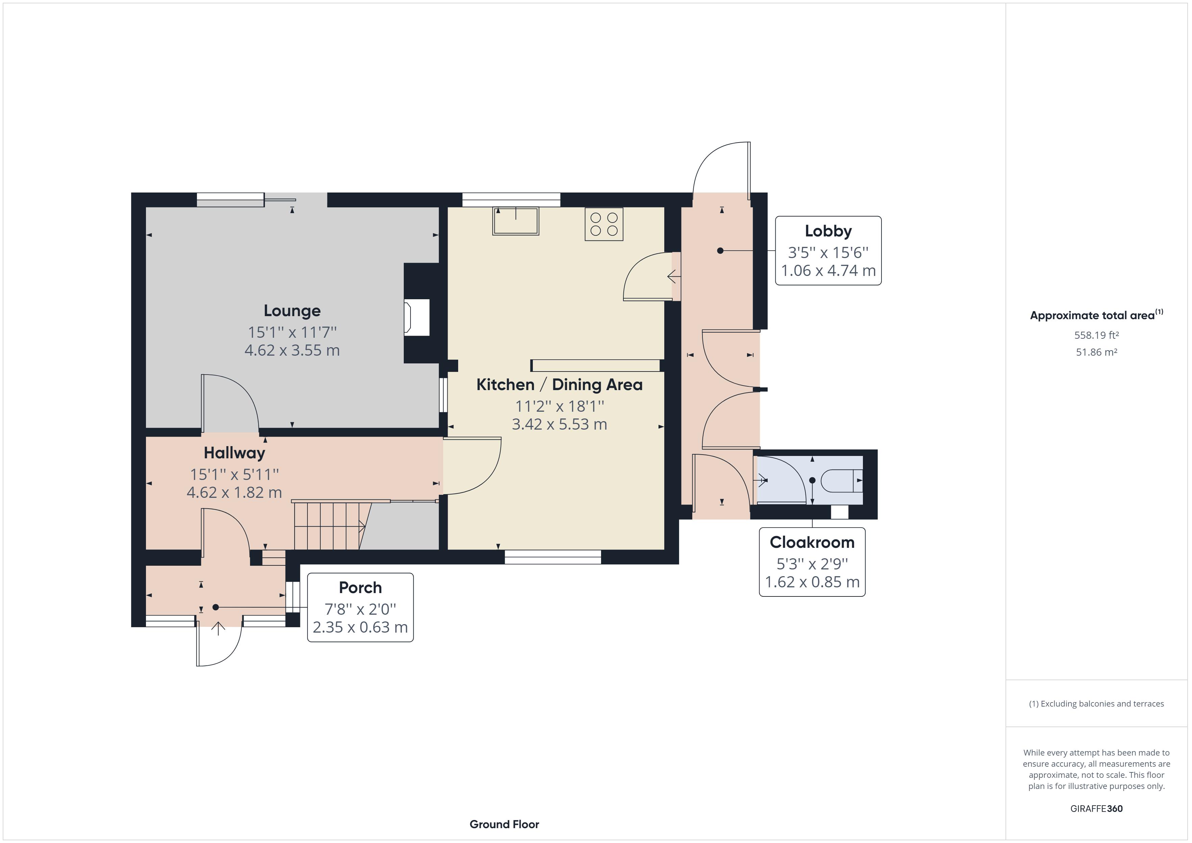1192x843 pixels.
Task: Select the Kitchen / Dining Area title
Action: point(559,385)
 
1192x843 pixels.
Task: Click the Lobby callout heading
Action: point(828,231)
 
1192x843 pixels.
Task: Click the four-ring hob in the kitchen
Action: point(604,224)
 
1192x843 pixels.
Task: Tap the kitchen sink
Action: point(516,221)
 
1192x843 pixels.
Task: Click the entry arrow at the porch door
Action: point(218,628)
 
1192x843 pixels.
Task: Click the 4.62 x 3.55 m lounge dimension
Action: point(292,350)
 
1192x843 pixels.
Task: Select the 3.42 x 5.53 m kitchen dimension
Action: point(559,425)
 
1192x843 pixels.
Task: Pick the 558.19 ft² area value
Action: point(1096,335)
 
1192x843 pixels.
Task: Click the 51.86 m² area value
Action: point(1096,352)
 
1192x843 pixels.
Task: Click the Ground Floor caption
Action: point(504,824)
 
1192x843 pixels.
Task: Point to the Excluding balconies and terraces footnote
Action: point(1096,704)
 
